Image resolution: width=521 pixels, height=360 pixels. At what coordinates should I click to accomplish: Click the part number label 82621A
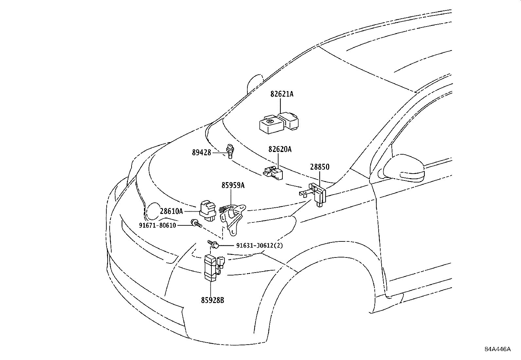coord(282,94)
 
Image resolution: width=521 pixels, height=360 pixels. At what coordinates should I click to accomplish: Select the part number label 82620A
coord(280,149)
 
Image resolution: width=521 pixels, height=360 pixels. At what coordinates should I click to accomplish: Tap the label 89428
coord(202,152)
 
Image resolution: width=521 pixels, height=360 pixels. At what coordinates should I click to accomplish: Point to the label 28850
coord(320,167)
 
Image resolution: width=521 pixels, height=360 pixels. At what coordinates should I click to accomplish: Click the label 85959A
coord(233,185)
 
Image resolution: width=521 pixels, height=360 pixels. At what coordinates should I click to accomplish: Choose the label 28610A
coord(171,211)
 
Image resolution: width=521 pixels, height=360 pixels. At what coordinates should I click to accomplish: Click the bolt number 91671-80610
coord(157,225)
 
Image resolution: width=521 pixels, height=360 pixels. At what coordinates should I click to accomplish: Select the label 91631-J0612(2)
coord(260,245)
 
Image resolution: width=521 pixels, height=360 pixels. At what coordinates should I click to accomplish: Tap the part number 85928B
coord(213,300)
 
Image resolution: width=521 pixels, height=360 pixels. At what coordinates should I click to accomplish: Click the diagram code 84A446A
coord(497,349)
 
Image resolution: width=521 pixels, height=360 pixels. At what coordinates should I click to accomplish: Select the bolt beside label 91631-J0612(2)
coord(214,244)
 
